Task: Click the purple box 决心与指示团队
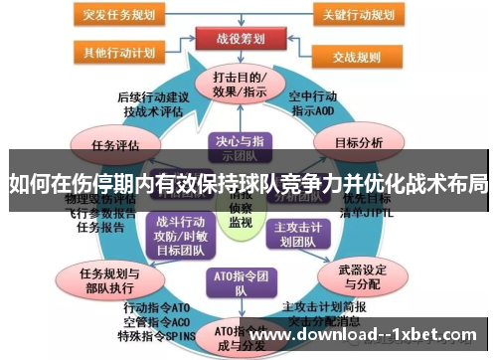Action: coord(235,148)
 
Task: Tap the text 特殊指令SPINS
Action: coord(151,337)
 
